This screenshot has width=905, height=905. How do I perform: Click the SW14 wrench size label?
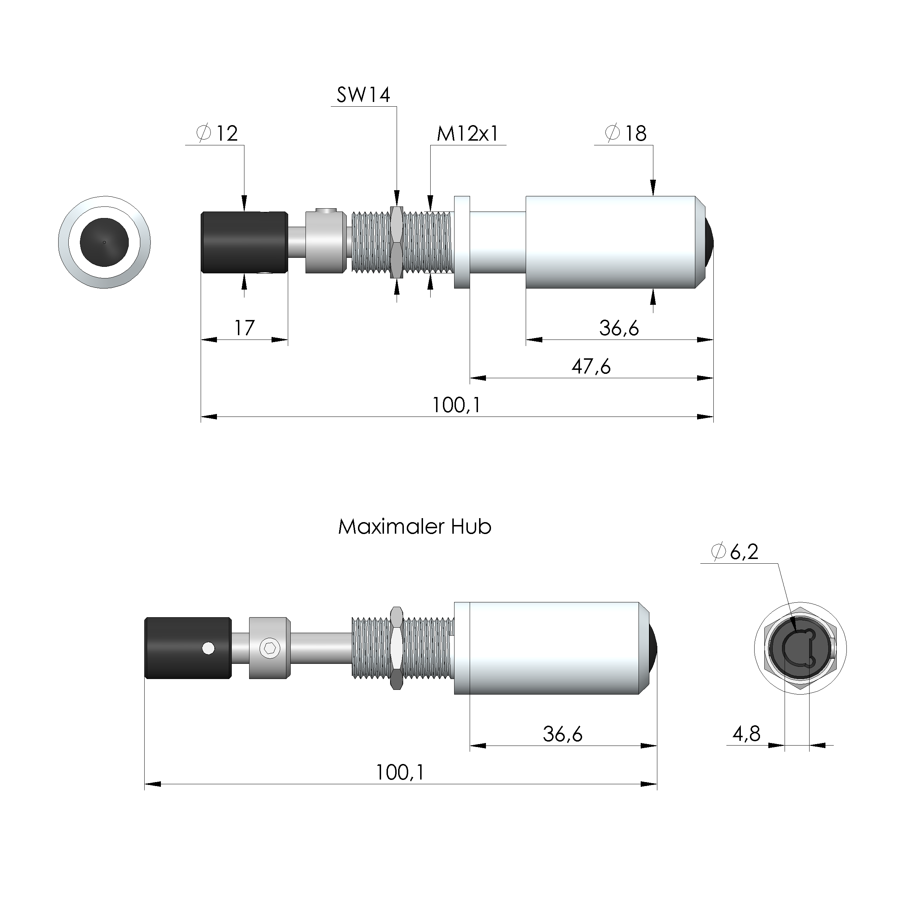[363, 95]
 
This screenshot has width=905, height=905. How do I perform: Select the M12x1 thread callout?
[468, 134]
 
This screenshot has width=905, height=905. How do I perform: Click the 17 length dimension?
[244, 328]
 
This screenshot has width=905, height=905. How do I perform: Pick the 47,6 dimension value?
[591, 366]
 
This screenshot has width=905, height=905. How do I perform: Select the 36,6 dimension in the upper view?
[619, 328]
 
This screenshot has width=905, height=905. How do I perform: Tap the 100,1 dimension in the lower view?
[400, 772]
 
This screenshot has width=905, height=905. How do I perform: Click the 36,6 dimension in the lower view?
[563, 734]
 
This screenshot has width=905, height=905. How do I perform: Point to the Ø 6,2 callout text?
[735, 552]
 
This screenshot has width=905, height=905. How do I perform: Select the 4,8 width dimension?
[746, 734]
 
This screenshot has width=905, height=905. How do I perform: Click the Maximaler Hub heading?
[415, 527]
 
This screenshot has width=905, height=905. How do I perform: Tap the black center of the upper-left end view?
[104, 242]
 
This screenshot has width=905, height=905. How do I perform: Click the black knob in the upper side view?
[244, 242]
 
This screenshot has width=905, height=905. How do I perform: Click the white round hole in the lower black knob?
[209, 648]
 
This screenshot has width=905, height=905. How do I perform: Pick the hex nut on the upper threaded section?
[396, 242]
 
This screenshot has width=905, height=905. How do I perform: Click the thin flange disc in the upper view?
[461, 242]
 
